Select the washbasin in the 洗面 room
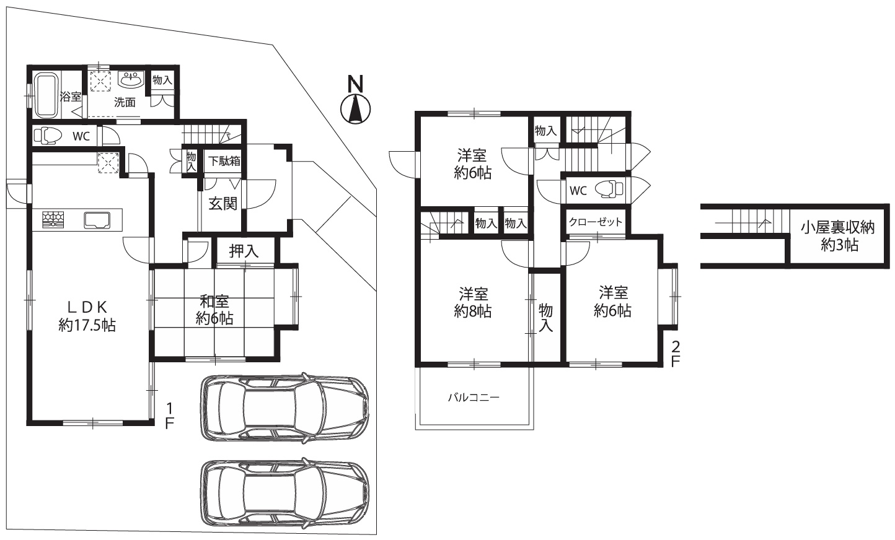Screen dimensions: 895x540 131,80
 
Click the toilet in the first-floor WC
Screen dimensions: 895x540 48,135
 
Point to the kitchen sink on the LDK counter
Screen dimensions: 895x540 97,220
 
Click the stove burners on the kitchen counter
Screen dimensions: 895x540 53,220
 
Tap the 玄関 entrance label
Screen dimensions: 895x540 223,204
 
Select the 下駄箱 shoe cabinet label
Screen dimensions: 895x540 224,161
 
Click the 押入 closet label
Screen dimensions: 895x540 244,251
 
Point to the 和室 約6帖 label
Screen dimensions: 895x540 214,310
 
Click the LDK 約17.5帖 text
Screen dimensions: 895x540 87,316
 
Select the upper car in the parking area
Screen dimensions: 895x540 284,409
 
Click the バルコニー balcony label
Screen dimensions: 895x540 474,398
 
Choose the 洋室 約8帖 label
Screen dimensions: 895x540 473,303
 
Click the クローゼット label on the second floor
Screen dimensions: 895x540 596,222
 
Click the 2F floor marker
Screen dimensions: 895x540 675,354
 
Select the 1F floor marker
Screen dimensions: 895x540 169,416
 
